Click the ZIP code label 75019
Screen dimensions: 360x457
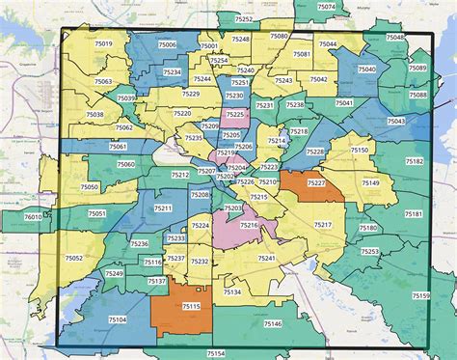coord(102,44)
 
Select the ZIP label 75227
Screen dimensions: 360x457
coord(316,181)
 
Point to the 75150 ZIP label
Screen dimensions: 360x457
coord(359,151)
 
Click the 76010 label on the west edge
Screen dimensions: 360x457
coord(33,218)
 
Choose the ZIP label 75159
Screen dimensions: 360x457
coord(419,295)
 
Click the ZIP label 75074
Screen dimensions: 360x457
coord(327,7)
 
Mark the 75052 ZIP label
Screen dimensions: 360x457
coord(74,258)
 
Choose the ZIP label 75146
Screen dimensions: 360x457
coord(272,324)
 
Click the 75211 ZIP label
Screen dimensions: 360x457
coord(163,208)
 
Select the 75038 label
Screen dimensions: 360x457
coord(94,114)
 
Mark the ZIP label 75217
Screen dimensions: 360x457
coord(322,224)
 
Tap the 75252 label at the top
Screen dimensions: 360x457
coord(245,19)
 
